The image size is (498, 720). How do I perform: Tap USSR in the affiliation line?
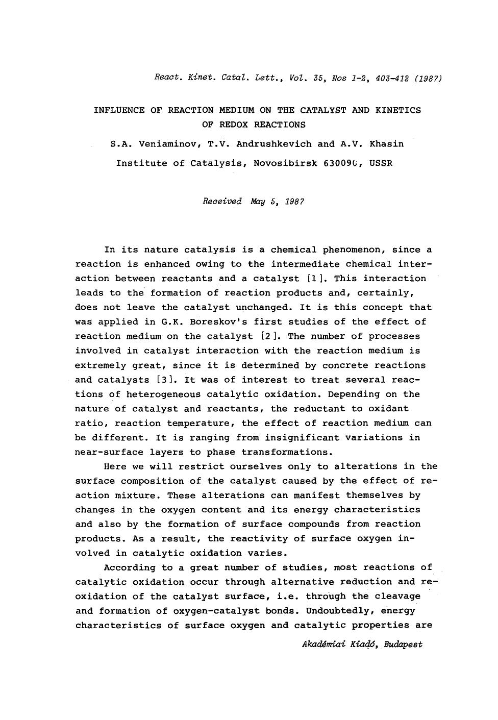pos(381,163)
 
